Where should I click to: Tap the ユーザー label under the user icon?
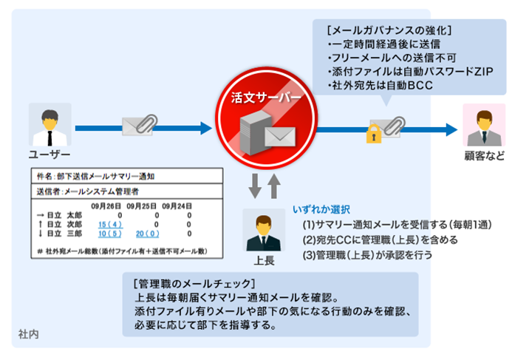click(x=50, y=154)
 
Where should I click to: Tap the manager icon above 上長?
click(x=264, y=230)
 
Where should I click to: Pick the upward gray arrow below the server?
click(x=274, y=184)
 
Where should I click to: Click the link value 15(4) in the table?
click(x=110, y=225)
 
